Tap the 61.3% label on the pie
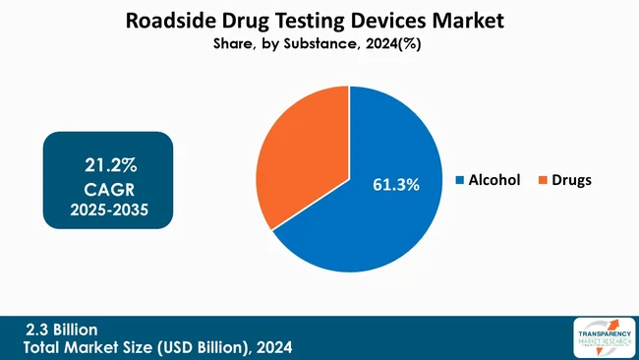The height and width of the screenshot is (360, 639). [395, 184]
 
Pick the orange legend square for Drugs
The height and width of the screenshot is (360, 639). [543, 181]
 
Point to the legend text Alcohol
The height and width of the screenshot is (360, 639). [494, 181]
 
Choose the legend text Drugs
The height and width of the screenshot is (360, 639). [571, 181]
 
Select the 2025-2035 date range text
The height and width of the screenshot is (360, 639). [107, 210]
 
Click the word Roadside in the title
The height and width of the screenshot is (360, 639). [169, 20]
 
